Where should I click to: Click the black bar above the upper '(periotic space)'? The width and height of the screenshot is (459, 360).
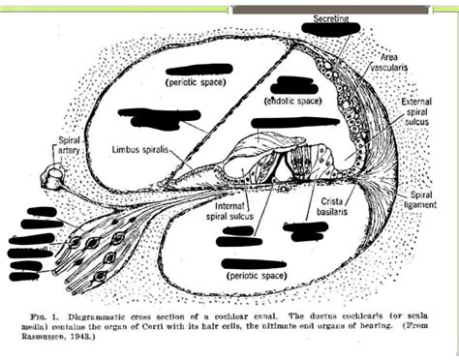tap(194, 70)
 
